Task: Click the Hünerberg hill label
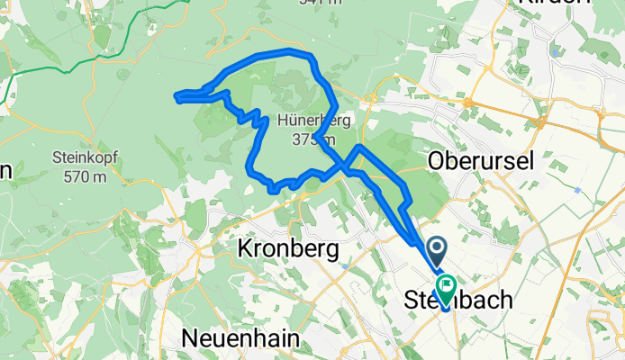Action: tap(308, 120)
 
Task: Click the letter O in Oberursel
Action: tap(436, 161)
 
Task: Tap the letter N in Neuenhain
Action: tap(190, 337)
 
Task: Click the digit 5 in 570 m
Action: tap(68, 176)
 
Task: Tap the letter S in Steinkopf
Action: tap(59, 158)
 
